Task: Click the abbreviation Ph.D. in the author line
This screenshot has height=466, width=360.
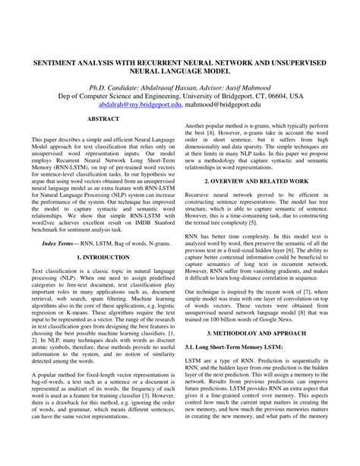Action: pyautogui.click(x=93, y=87)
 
